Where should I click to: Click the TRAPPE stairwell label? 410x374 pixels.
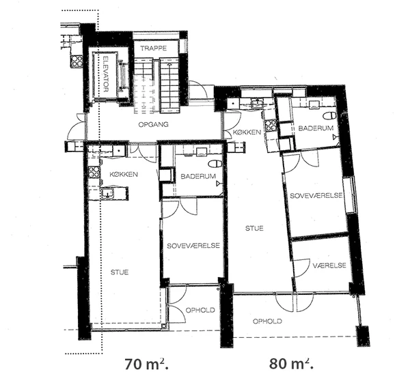153,48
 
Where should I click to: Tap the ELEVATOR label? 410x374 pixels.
106,74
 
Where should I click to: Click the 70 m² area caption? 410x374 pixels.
147,364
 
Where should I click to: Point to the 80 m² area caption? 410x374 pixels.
291,363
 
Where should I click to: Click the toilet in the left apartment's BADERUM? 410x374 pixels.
215,164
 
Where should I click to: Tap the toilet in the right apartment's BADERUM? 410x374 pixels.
329,115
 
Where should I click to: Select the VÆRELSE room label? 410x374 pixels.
329,265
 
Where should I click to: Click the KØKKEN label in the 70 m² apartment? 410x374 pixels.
124,174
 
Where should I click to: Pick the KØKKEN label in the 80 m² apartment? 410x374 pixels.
247,132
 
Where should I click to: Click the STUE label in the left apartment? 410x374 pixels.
120,272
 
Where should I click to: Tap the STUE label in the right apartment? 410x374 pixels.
254,228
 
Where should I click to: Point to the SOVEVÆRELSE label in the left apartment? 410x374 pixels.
193,246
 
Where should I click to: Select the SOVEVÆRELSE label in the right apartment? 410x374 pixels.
316,195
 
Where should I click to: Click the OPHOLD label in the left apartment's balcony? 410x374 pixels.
200,310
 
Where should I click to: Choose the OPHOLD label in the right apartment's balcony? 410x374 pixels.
267,321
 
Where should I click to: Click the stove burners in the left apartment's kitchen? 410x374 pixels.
94,172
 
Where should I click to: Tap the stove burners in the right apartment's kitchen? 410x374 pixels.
271,126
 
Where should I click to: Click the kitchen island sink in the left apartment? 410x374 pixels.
107,194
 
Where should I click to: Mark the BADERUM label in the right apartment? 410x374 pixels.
316,128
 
